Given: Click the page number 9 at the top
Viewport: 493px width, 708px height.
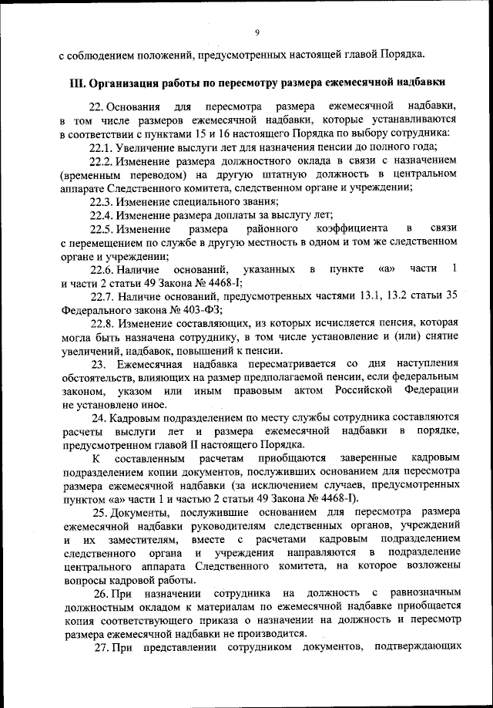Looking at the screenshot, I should click(257, 32).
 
